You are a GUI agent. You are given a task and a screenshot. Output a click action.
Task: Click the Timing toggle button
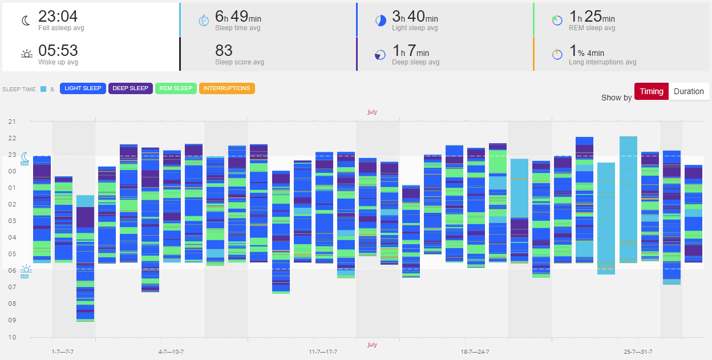(x=652, y=91)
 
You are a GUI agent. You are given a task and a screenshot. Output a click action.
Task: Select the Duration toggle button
(x=689, y=91)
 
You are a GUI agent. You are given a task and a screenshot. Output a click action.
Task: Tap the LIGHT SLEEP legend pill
(x=83, y=88)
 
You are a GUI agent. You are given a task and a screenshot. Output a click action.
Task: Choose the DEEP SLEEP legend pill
(x=131, y=88)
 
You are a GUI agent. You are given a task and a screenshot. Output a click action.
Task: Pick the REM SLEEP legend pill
(x=176, y=88)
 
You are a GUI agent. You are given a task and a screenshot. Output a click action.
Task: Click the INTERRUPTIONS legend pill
(x=226, y=88)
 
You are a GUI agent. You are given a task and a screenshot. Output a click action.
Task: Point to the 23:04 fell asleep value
(x=58, y=17)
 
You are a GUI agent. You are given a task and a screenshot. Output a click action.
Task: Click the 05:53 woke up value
(x=58, y=51)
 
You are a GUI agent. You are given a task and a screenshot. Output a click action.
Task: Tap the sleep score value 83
(x=224, y=51)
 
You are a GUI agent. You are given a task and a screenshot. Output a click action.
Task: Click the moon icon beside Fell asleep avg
(x=26, y=21)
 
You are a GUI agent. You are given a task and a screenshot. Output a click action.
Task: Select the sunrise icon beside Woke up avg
(x=27, y=54)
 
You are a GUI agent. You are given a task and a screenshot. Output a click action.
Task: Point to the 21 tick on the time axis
(x=12, y=122)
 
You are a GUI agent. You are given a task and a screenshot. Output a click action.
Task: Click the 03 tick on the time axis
(x=12, y=221)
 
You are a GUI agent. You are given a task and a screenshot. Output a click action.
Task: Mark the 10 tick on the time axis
(x=12, y=337)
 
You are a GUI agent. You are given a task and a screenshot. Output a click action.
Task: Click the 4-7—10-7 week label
(x=171, y=352)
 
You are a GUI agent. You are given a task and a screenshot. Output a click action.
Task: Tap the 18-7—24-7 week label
(x=475, y=352)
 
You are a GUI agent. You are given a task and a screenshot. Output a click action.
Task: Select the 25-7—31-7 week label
(x=638, y=352)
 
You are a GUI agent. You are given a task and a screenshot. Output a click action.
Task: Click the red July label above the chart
(x=372, y=112)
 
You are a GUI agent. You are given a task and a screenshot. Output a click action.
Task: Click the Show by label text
(x=616, y=98)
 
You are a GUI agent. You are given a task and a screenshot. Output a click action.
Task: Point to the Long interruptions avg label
(x=602, y=62)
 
